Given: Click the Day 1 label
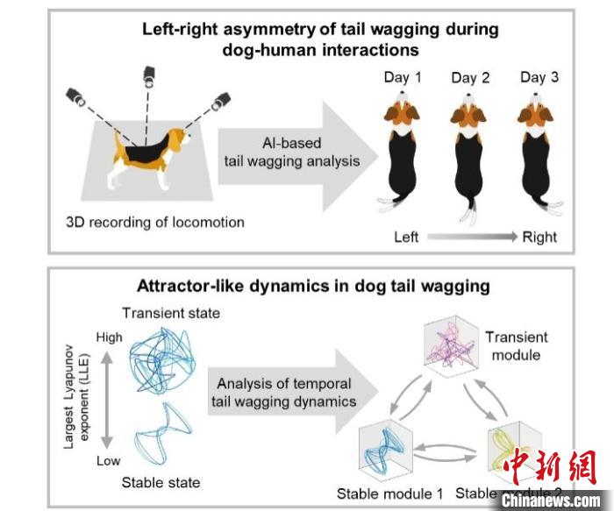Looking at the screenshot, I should click(x=403, y=77).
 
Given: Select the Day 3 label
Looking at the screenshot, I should click(x=539, y=77).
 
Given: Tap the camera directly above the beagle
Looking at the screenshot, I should click(x=148, y=76).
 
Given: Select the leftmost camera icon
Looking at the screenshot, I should click(x=74, y=97).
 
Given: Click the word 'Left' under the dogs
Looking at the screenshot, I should click(x=405, y=237).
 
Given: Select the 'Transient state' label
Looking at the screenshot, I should click(x=170, y=314).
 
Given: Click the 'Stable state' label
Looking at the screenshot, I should click(x=161, y=483).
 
